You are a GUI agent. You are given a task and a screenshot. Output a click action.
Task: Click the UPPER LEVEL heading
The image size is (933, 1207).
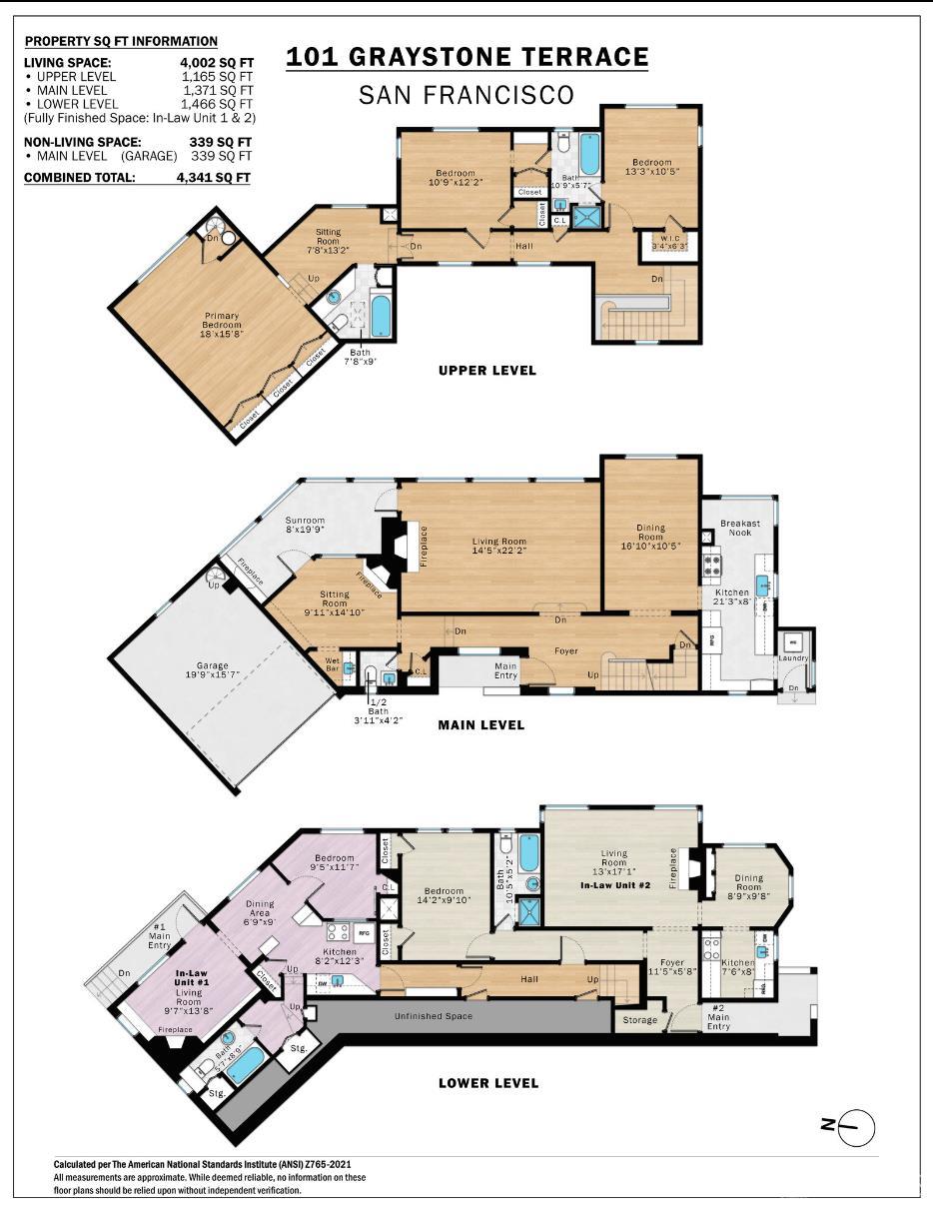point(487,371)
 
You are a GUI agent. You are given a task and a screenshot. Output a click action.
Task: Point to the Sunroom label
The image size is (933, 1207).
point(305,521)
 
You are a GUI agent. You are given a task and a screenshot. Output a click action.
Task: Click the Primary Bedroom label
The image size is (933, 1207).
point(222,320)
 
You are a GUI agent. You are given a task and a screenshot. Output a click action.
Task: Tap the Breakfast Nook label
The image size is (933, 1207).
point(740,529)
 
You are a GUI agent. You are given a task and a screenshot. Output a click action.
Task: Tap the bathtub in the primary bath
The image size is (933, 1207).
point(381,316)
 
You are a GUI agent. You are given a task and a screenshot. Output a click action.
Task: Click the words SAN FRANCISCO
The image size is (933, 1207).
point(466,95)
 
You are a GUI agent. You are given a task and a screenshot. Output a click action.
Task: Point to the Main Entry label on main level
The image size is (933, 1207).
point(505,670)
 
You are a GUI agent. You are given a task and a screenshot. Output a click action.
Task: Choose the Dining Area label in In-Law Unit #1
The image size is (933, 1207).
point(260,909)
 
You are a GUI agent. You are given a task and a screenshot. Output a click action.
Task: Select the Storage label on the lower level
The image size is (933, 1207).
point(640,1019)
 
